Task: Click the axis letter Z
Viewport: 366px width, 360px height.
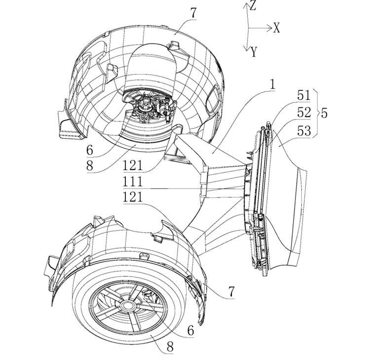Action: pyautogui.click(x=253, y=5)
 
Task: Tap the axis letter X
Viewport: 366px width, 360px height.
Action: pyautogui.click(x=277, y=28)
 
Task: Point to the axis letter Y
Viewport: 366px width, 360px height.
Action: pyautogui.click(x=254, y=52)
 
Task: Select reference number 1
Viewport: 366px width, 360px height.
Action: pyautogui.click(x=272, y=84)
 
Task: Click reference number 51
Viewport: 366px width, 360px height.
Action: pyautogui.click(x=304, y=95)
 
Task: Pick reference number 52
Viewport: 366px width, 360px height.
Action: pyautogui.click(x=304, y=113)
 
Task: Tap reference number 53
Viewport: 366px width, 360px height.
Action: pyautogui.click(x=304, y=131)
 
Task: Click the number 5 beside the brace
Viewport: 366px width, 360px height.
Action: pyautogui.click(x=324, y=113)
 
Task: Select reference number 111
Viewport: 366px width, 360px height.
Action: pyautogui.click(x=133, y=182)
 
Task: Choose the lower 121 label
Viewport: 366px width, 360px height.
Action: pyautogui.click(x=133, y=197)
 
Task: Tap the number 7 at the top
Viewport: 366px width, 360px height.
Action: pyautogui.click(x=193, y=13)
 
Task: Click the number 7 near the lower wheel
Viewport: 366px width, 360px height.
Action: pyautogui.click(x=231, y=292)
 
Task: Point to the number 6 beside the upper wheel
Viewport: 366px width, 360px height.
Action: pyautogui.click(x=90, y=150)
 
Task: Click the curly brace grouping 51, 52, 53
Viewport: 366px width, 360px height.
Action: pyautogui.click(x=317, y=113)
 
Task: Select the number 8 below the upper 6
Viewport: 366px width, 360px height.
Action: pyautogui.click(x=90, y=165)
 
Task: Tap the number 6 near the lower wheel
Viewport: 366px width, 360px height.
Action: pyautogui.click(x=191, y=330)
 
